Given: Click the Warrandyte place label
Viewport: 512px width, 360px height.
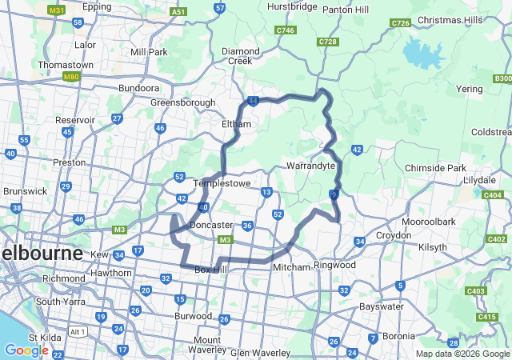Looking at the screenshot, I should click(310, 166).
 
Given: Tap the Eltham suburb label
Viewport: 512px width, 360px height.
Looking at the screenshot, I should click(236, 125).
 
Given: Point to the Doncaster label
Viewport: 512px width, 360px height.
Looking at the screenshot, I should click(211, 226).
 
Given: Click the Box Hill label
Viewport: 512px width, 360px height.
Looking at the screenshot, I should click(212, 270).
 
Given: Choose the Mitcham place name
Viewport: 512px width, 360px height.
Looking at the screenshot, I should click(291, 266).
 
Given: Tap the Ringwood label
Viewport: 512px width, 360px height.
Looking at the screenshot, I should click(334, 265).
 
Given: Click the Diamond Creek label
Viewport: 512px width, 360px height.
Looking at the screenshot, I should click(241, 56).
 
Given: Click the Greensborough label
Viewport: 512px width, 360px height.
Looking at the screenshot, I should click(183, 102).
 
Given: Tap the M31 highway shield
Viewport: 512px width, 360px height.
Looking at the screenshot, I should click(56, 10).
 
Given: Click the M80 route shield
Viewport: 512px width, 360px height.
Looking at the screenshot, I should click(71, 77).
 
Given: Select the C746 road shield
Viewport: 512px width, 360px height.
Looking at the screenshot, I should click(284, 30).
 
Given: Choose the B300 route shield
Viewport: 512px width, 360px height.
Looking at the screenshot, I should click(502, 78).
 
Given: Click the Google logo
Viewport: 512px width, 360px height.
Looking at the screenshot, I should click(26, 350).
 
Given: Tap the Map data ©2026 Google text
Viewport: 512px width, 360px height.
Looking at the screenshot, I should click(462, 354).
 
